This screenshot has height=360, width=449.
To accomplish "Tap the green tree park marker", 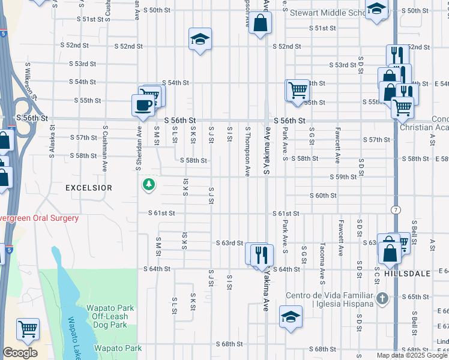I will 148,185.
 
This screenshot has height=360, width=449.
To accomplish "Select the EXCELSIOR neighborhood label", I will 89,188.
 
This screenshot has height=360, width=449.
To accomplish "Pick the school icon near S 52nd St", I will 200,40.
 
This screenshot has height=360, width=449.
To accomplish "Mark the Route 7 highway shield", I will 395,209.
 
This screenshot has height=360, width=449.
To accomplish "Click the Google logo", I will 20,353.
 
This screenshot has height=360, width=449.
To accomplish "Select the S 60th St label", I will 323,196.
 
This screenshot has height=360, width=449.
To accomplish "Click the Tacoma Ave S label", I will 322,257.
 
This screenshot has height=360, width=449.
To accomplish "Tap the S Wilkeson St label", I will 30,83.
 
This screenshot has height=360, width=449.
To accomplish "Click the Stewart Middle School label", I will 328,12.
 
